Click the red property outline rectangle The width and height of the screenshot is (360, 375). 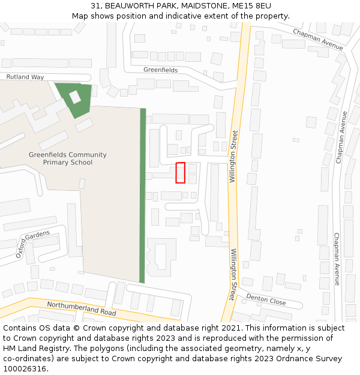click(x=180, y=173)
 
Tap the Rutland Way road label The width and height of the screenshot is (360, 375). click(x=25, y=77)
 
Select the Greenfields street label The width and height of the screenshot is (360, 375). click(x=160, y=70)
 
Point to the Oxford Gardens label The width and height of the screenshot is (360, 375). click(x=33, y=244)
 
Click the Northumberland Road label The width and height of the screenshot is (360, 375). click(x=82, y=308)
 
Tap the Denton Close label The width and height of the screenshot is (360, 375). click(x=266, y=299)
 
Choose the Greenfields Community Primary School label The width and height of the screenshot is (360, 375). click(x=68, y=158)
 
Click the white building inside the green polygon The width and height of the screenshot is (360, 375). click(x=75, y=97)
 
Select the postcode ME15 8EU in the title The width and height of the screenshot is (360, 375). click(x=247, y=6)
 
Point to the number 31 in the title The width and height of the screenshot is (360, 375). click(x=95, y=6)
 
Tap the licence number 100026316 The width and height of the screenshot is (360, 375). click(x=25, y=369)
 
